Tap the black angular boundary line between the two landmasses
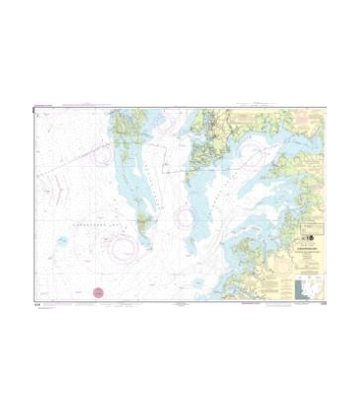pos(175,167)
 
